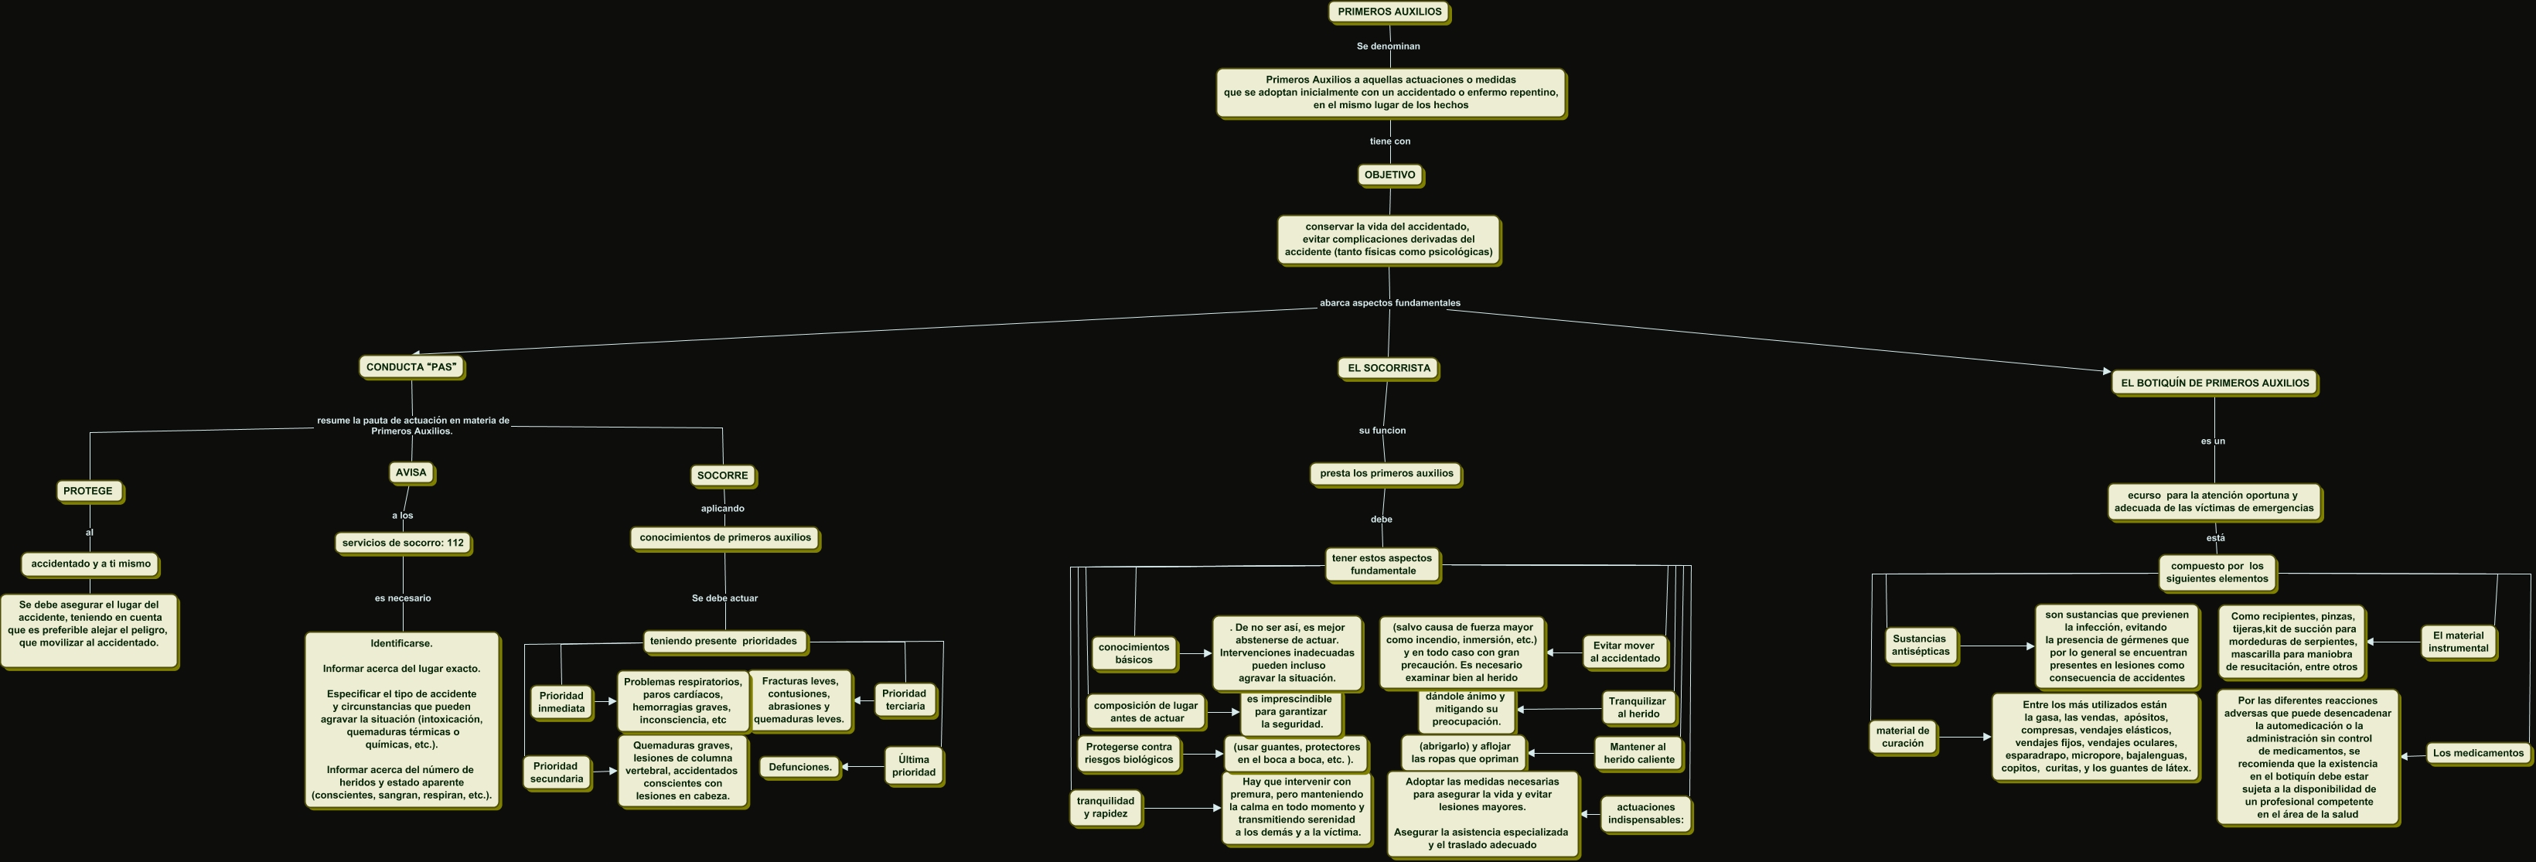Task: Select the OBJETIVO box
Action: point(1389,175)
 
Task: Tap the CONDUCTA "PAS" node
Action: point(411,368)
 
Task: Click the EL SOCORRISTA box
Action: point(1388,369)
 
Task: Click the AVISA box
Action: point(411,473)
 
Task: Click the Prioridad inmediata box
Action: point(561,703)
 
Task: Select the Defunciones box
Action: point(799,768)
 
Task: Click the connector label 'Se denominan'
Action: point(1387,46)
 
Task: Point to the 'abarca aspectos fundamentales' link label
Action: point(1389,303)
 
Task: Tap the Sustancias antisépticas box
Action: point(1919,646)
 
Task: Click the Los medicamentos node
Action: point(2477,754)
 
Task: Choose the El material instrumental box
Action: point(2457,642)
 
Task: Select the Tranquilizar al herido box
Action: point(1637,708)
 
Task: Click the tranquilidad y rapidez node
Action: point(1105,808)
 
